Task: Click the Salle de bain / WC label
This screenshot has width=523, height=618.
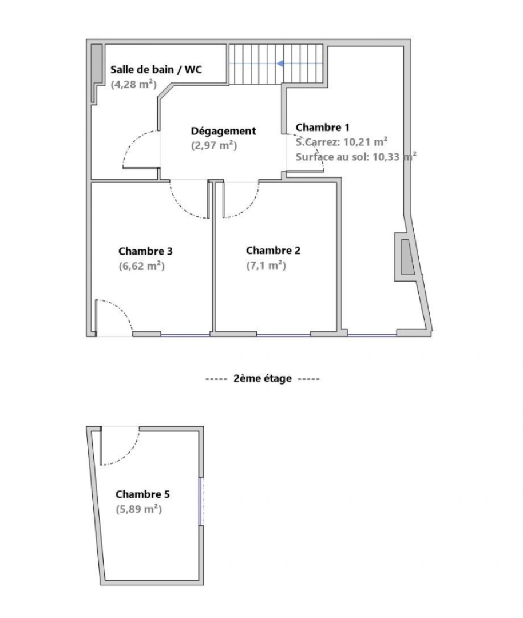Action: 156,70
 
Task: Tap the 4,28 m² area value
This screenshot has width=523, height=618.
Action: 133,85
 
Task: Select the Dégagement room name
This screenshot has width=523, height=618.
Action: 223,131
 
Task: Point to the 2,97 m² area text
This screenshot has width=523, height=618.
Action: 213,145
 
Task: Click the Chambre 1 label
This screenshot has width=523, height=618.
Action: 322,127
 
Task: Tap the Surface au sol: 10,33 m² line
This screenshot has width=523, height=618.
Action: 355,156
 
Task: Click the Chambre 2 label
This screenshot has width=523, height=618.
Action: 273,251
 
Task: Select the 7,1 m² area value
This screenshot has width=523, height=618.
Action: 266,266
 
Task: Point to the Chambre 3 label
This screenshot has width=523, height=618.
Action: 145,251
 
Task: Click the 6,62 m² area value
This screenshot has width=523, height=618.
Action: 141,266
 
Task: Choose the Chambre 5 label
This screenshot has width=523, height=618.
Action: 142,494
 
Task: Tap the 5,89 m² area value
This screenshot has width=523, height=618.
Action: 138,509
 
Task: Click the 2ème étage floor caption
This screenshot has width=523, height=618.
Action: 263,378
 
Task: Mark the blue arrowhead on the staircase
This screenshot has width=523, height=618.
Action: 281,64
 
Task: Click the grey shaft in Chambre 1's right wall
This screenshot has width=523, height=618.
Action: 407,257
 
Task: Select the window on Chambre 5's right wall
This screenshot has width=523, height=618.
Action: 201,501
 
